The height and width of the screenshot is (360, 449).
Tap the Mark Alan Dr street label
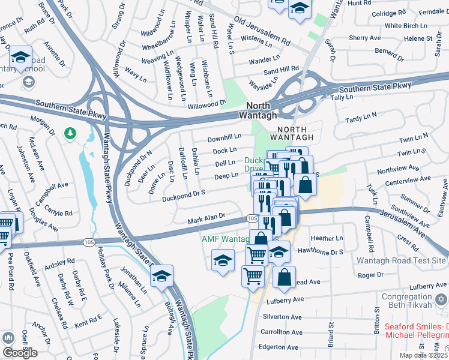(x=205, y=218)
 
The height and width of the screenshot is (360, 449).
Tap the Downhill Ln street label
(x=224, y=139)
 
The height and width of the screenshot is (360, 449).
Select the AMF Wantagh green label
(x=224, y=239)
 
